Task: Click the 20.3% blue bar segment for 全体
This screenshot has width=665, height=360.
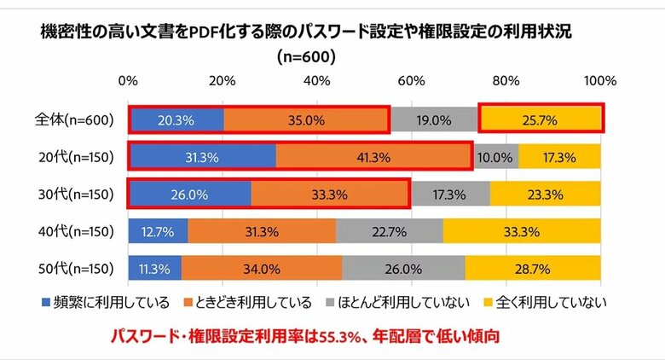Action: click(x=176, y=120)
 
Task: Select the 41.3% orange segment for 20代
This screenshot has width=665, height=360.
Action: click(x=373, y=158)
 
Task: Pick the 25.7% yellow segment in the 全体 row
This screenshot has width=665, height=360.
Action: click(x=541, y=120)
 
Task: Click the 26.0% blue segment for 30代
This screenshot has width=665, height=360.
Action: click(x=189, y=194)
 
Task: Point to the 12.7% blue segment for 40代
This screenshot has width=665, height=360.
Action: click(x=158, y=231)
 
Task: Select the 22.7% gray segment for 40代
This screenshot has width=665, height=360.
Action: click(x=390, y=231)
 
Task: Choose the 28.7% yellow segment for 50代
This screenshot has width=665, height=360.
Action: click(x=533, y=269)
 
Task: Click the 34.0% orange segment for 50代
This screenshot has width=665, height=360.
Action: click(x=261, y=269)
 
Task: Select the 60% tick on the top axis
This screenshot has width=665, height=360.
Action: click(x=412, y=81)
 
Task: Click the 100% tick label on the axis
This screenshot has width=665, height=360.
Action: click(x=599, y=81)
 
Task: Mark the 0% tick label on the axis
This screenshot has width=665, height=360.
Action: click(x=129, y=81)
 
